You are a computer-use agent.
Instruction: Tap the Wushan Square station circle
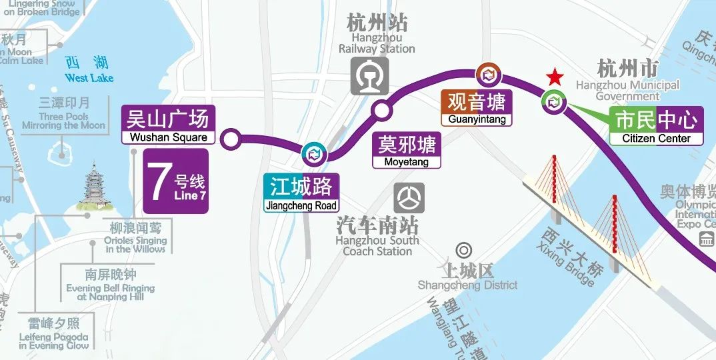(231, 140)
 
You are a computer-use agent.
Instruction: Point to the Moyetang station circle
(382, 110)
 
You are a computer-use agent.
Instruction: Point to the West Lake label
(89, 69)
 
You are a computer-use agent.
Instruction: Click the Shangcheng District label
(467, 277)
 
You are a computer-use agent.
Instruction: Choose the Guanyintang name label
(477, 107)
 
